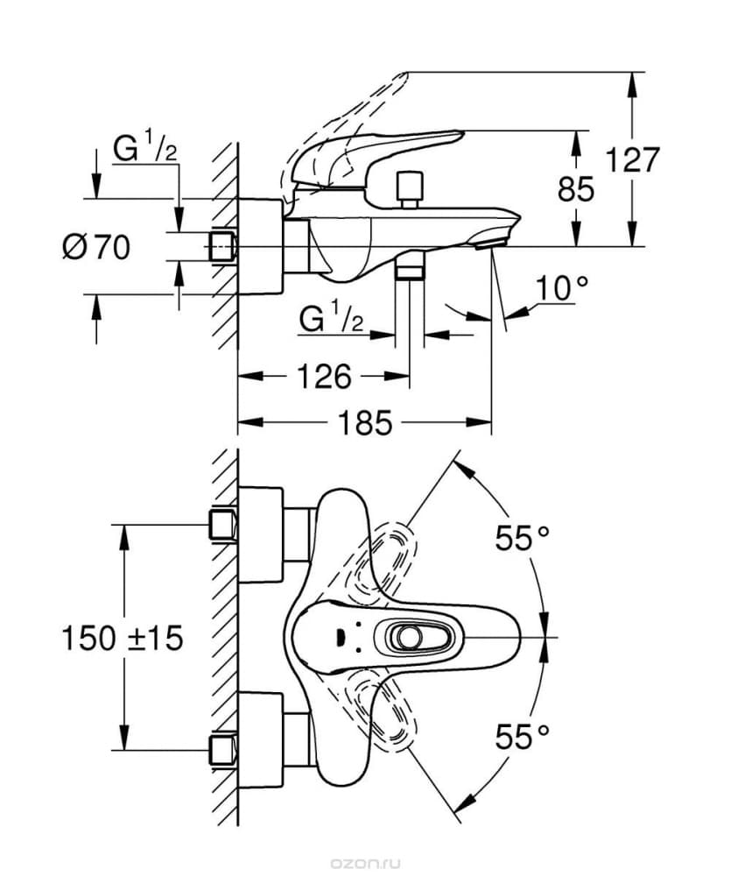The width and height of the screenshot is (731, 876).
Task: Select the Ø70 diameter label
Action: click(x=96, y=247)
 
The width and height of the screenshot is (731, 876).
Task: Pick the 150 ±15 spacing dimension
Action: click(x=123, y=638)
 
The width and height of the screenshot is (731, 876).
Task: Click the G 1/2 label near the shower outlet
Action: click(x=331, y=319)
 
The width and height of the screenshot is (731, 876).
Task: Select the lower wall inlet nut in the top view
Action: click(x=223, y=750)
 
